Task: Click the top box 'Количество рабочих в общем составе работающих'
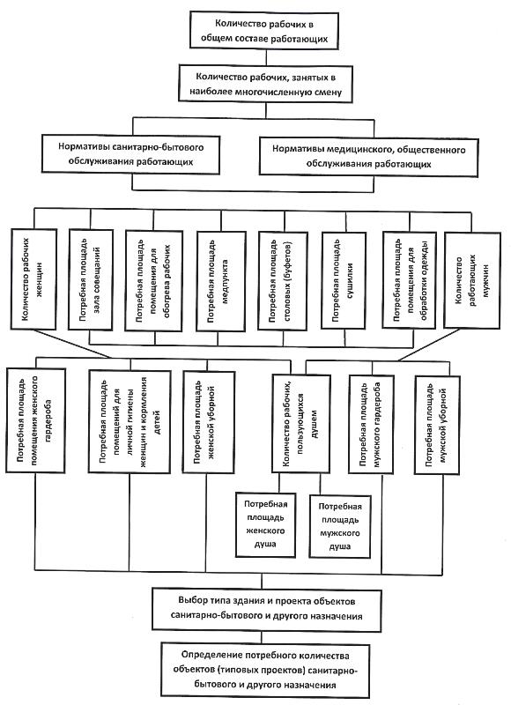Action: (263, 30)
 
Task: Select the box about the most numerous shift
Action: (265, 84)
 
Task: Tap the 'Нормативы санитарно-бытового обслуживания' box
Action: (130, 154)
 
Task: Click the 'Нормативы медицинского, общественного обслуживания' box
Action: (368, 157)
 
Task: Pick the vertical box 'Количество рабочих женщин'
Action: (33, 279)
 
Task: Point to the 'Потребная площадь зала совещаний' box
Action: (91, 280)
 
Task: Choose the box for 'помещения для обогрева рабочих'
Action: (153, 281)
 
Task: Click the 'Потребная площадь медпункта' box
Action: (221, 282)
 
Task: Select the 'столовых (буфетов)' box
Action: (283, 281)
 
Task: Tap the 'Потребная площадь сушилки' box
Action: (344, 280)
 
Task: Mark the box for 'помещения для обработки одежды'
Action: (409, 280)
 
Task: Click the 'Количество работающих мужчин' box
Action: (472, 280)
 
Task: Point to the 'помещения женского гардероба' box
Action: (35, 420)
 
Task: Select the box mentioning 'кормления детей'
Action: (130, 421)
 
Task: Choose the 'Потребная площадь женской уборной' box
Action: (209, 422)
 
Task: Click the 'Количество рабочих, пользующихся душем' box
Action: (301, 423)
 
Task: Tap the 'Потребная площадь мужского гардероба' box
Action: (371, 425)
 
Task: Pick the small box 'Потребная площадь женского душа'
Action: (265, 524)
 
